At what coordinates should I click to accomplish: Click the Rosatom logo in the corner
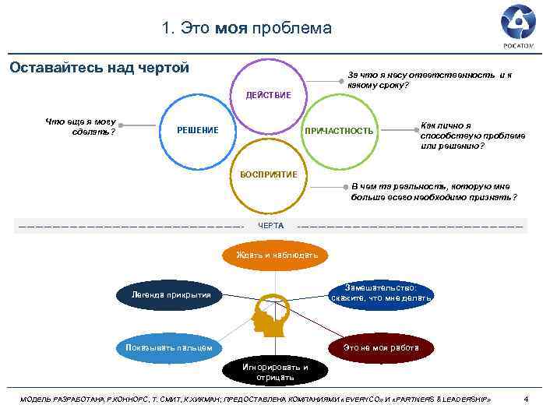(x=518, y=24)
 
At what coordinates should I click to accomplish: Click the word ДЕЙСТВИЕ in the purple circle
(x=268, y=95)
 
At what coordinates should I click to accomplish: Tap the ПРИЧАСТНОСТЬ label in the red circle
(x=339, y=130)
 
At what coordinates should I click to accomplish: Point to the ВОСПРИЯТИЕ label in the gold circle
(x=268, y=174)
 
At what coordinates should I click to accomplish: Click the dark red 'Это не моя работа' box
(x=381, y=347)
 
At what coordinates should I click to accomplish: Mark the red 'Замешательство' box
(x=381, y=292)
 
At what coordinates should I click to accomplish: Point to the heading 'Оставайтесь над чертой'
(x=99, y=68)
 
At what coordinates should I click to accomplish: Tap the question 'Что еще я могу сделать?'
(x=80, y=125)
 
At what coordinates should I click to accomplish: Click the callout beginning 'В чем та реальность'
(x=433, y=192)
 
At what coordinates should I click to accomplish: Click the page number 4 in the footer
(x=527, y=399)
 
